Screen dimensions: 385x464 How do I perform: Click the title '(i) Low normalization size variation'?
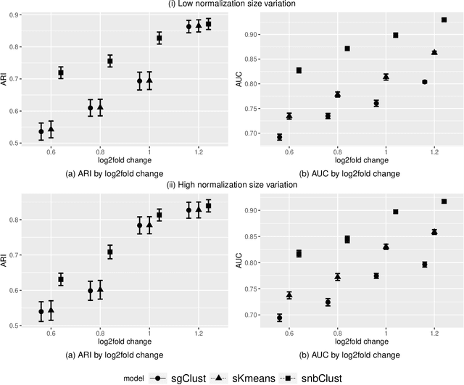(233, 6)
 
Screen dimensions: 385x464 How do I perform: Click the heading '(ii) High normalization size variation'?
(233, 185)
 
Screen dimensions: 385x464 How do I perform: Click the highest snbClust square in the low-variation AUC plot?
(444, 20)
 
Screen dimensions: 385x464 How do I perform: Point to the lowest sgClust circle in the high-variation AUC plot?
(279, 318)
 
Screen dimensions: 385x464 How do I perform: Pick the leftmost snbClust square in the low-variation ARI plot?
(61, 73)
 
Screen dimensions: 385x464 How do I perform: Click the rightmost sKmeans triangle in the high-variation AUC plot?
(434, 232)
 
